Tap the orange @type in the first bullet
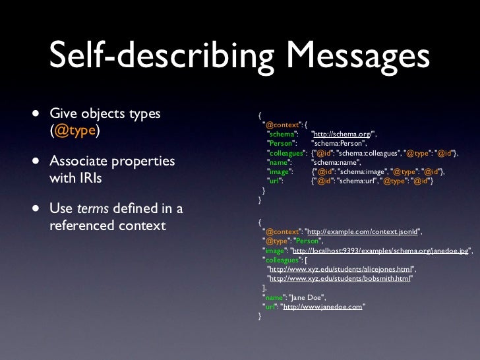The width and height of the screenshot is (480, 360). (76, 131)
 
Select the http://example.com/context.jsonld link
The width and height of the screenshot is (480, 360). (365, 231)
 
